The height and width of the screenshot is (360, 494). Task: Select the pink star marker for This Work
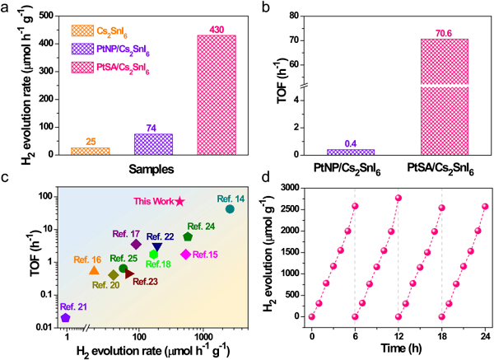(x=180, y=201)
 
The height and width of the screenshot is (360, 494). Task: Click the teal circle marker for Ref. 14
(x=230, y=209)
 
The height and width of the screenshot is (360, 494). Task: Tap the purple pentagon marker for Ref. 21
(x=65, y=317)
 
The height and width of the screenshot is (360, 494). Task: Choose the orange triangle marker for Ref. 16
(x=94, y=270)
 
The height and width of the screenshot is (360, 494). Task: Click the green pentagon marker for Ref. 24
(x=188, y=237)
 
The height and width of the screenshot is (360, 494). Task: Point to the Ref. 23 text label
(x=144, y=282)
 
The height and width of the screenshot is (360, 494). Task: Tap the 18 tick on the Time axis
(x=442, y=331)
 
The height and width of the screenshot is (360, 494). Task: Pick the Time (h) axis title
(x=398, y=348)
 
